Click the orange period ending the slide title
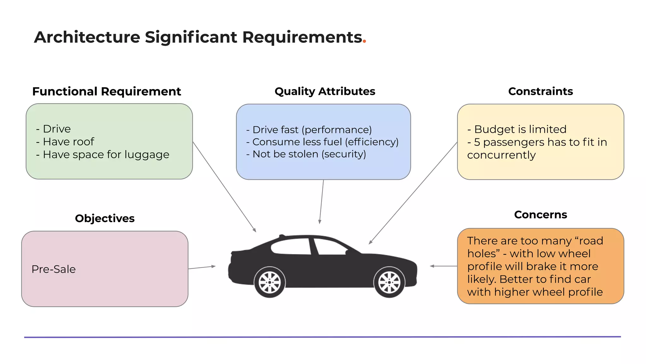364,42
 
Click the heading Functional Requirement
106,91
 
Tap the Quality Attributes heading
325,91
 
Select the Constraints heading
540,91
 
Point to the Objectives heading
104,218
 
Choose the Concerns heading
540,215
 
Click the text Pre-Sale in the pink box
54,269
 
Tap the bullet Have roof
68,142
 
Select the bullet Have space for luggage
106,155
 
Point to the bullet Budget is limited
520,129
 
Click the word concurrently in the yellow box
501,155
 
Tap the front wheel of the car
389,282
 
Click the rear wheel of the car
269,282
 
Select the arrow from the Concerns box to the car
443,266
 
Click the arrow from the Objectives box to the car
202,268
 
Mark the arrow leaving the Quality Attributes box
321,202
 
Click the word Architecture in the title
87,37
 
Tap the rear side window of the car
292,247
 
